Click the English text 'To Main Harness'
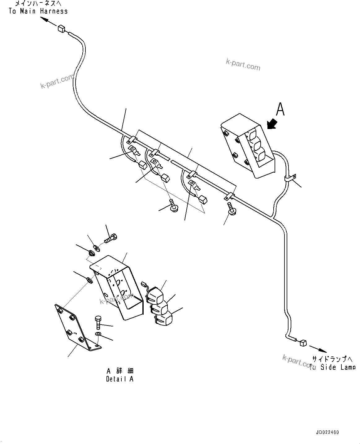pyautogui.click(x=38, y=11)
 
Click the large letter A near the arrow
pyautogui.click(x=280, y=109)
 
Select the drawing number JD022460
pyautogui.click(x=327, y=432)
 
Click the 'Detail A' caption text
pyautogui.click(x=119, y=379)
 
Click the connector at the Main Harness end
pyautogui.click(x=61, y=29)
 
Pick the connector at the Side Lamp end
pyautogui.click(x=302, y=342)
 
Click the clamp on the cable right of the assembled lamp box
pyautogui.click(x=290, y=178)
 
